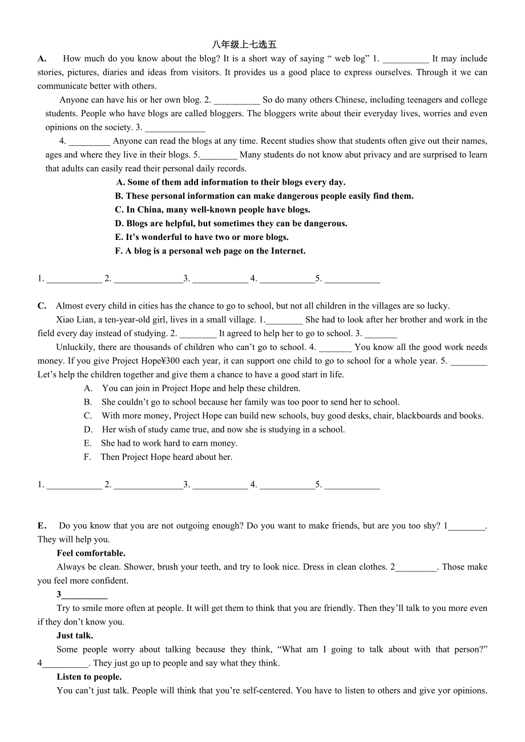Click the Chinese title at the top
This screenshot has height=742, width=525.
(x=244, y=44)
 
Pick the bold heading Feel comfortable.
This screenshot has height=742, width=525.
(x=91, y=553)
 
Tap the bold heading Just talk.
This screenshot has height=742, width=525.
(x=75, y=635)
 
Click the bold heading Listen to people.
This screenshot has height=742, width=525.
(x=89, y=677)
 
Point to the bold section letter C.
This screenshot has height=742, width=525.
(x=42, y=306)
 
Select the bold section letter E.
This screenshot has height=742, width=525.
(x=42, y=526)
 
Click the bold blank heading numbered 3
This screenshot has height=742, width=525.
(x=82, y=595)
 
